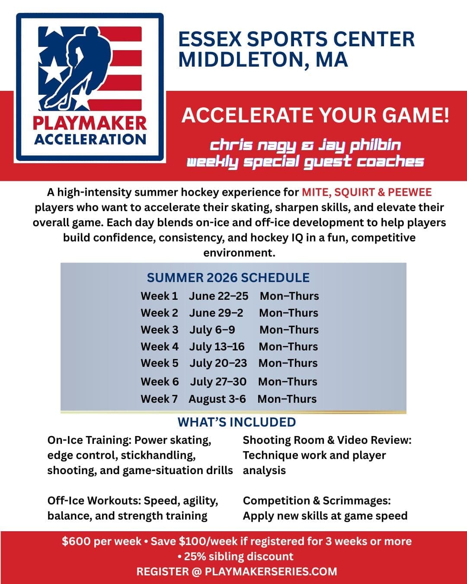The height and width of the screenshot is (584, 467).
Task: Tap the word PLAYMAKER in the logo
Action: (x=90, y=123)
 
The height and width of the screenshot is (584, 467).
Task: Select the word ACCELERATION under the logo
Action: (x=90, y=139)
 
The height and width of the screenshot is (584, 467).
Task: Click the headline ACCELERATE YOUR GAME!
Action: (x=315, y=115)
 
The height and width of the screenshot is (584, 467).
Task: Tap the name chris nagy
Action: (x=253, y=145)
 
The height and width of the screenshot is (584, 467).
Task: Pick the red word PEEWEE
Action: (x=410, y=192)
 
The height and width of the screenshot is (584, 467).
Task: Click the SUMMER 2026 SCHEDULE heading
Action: (x=228, y=278)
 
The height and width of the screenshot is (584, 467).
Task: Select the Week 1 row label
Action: (x=159, y=296)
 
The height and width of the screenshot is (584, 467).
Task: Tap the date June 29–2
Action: (x=216, y=313)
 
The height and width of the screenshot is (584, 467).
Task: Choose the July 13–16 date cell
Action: (x=217, y=347)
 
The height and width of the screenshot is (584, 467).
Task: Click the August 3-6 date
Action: (x=217, y=399)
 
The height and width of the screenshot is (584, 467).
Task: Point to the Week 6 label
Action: (x=160, y=382)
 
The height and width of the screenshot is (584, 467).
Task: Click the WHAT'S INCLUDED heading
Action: (x=237, y=422)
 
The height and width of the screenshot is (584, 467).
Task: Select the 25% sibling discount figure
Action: (x=195, y=556)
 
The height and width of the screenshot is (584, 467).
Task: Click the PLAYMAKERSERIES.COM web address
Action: (x=271, y=571)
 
